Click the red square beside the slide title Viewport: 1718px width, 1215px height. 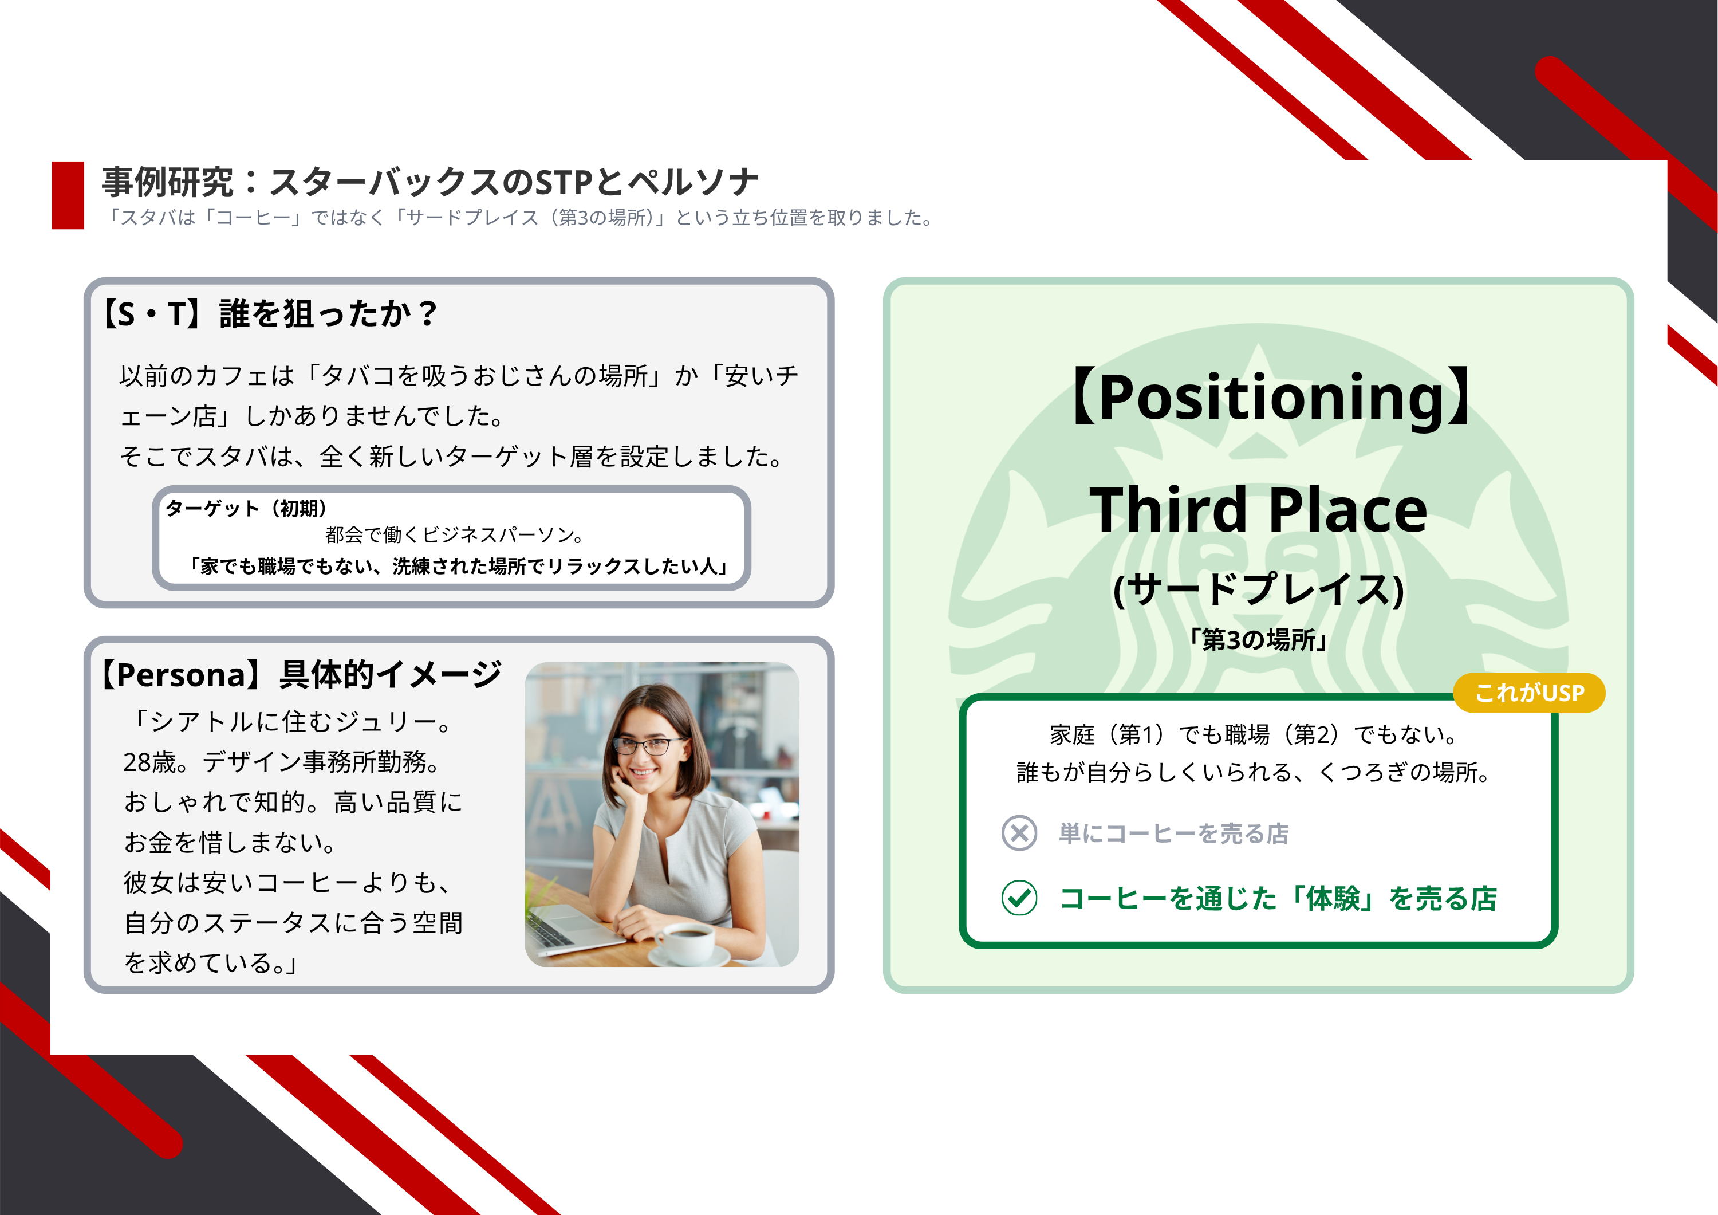[68, 195]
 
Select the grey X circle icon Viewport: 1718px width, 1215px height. [1019, 832]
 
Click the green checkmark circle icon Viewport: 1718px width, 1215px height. [1019, 898]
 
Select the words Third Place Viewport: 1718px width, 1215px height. [1259, 509]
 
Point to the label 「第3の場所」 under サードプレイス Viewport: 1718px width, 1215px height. [1259, 639]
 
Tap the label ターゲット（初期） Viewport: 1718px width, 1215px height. [246, 508]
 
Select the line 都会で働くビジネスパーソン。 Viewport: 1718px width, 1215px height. [454, 534]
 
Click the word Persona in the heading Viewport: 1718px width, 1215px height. [181, 675]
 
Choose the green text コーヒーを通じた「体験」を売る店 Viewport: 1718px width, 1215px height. [1278, 898]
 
